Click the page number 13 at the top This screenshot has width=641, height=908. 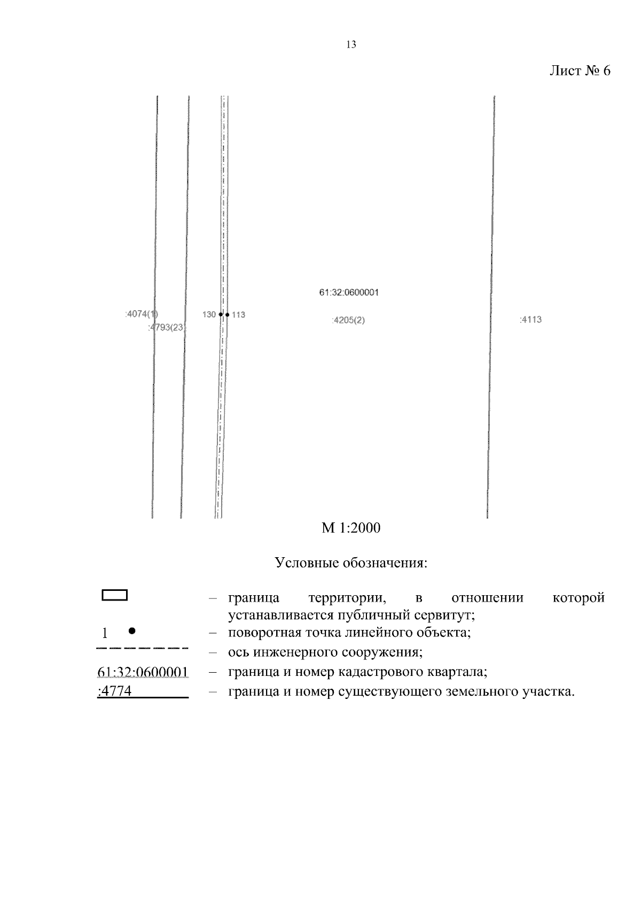[351, 45]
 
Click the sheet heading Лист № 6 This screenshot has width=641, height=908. [580, 71]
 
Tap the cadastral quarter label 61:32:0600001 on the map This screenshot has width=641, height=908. [349, 293]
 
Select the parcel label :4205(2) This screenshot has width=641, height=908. [348, 320]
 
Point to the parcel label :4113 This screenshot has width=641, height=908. [530, 320]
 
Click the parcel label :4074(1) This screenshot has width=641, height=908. [142, 314]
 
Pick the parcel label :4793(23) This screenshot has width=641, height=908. [167, 327]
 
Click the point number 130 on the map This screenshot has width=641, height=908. [209, 314]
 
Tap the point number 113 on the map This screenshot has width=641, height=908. [238, 314]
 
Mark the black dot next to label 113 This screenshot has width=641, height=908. [227, 314]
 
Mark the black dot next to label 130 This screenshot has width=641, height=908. [221, 314]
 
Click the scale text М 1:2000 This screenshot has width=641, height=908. [351, 528]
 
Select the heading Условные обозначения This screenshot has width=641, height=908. [351, 563]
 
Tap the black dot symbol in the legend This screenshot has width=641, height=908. [131, 631]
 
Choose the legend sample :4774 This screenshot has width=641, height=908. [115, 692]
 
